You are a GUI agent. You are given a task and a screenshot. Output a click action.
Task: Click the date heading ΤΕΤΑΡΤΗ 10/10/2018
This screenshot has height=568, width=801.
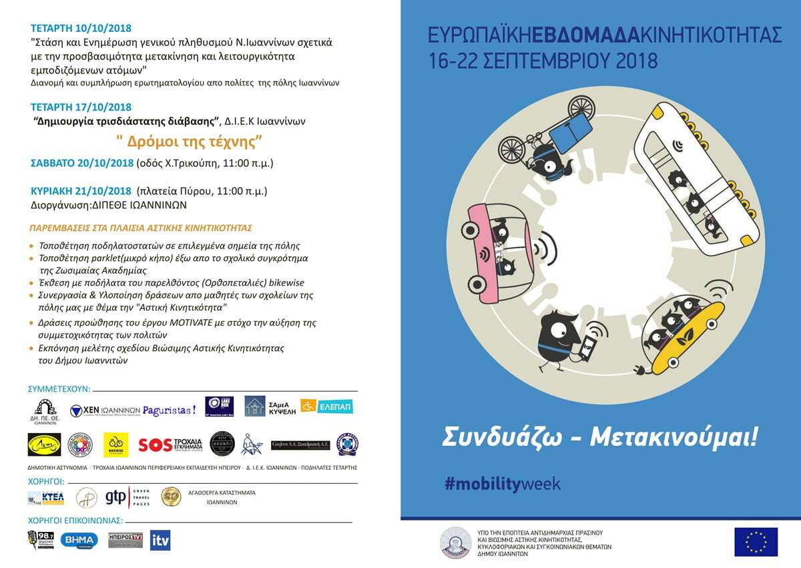pos(81,28)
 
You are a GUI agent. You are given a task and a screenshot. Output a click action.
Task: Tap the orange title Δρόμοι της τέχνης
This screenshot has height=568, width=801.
pos(188,141)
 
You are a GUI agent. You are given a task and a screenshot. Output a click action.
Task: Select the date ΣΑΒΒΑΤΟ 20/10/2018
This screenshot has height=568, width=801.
pos(81,163)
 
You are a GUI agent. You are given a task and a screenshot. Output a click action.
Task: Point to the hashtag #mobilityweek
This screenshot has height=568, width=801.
pos(502,484)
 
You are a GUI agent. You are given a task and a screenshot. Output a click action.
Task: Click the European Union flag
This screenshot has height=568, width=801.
pos(756,541)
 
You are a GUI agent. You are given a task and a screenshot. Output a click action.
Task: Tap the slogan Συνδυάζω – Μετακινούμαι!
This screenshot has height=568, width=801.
pos(599,439)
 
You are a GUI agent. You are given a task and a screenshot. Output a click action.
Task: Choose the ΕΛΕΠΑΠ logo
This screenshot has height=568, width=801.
pos(326,406)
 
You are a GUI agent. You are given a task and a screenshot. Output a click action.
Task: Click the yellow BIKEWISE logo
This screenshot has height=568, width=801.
pos(115,443)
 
